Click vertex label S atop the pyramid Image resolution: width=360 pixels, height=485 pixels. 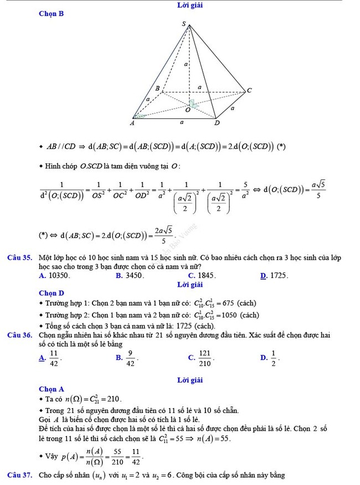click(x=185, y=24)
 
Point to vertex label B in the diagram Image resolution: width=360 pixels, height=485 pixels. click(x=157, y=89)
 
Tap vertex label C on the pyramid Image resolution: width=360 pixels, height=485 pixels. click(x=249, y=90)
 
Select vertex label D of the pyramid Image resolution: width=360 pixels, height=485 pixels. click(x=217, y=123)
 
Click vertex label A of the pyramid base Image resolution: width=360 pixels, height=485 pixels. click(x=132, y=123)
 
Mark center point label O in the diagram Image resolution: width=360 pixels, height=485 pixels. click(x=187, y=110)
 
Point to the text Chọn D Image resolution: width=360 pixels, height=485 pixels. click(x=52, y=293)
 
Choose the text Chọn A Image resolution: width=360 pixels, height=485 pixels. click(x=52, y=389)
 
